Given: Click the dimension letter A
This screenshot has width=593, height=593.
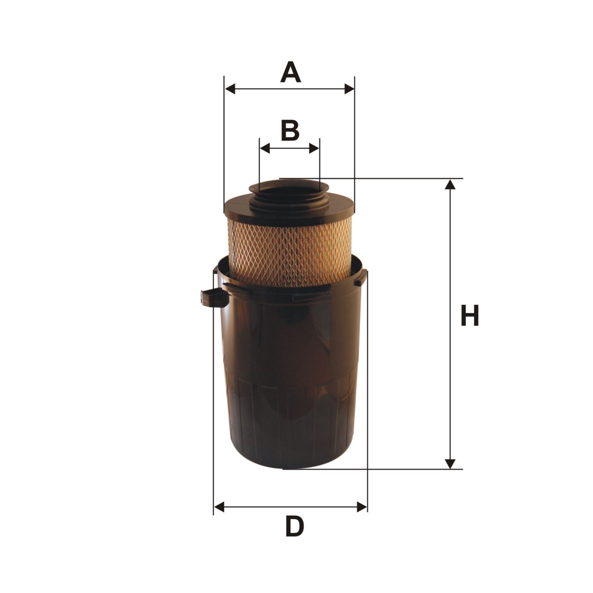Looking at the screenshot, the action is [x=290, y=72].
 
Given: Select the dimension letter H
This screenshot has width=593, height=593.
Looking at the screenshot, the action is [x=470, y=315].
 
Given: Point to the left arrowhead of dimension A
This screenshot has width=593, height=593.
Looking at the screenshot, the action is [x=231, y=88].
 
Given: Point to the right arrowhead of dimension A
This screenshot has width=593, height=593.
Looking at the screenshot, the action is [x=349, y=88].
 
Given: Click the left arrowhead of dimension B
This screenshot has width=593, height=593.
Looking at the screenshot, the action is [x=265, y=148].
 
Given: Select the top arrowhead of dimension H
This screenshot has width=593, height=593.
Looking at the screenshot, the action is [x=450, y=184].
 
